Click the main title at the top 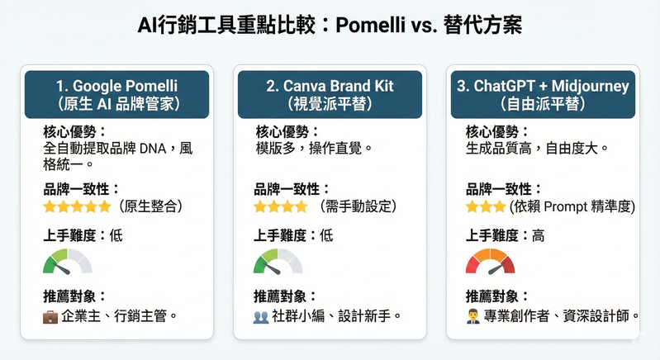click(330, 26)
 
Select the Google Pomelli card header click(117, 94)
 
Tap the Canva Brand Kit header click(330, 94)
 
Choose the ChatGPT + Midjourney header click(543, 94)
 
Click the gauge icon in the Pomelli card click(68, 262)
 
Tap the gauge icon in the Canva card click(278, 262)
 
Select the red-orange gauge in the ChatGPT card click(491, 262)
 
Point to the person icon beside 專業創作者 click(473, 315)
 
